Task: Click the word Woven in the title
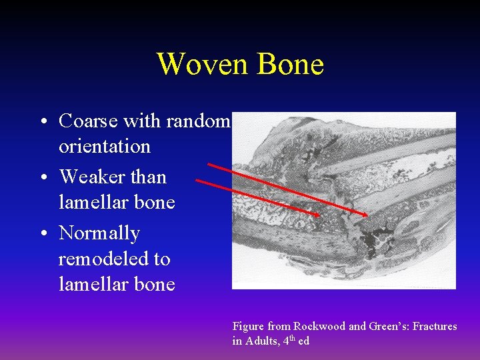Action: click(199, 65)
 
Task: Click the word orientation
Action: click(105, 147)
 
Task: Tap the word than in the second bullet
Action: click(149, 177)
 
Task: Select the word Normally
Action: click(99, 234)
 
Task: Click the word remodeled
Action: click(115, 259)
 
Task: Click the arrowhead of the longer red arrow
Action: click(365, 215)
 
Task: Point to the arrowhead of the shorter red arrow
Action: click(317, 215)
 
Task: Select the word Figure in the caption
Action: click(248, 327)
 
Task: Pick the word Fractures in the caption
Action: click(435, 327)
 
